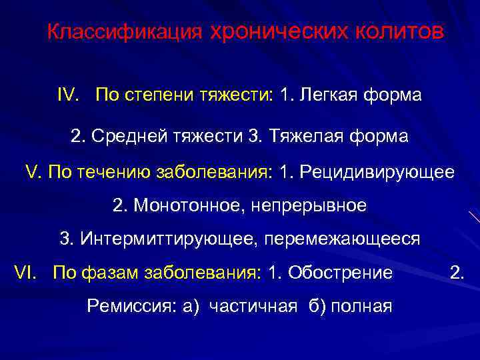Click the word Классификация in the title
pos(124,32)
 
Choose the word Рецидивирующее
pos(377,172)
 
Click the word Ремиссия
pos(130,307)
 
